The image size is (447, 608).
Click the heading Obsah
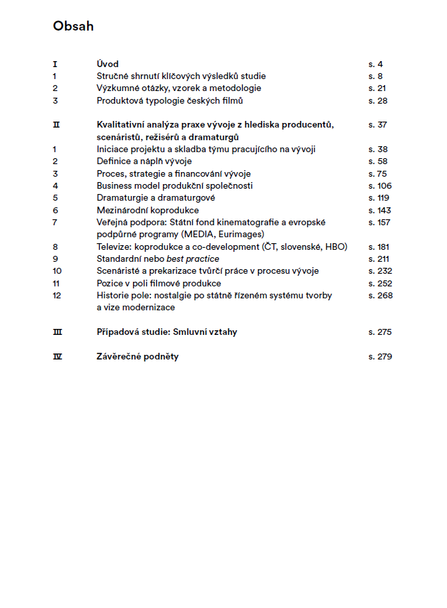[73, 27]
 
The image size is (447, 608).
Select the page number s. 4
[376, 64]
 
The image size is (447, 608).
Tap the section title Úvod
[108, 64]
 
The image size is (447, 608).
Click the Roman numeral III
[57, 332]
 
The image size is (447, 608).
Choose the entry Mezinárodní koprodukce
[148, 210]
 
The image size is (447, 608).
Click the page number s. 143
[380, 210]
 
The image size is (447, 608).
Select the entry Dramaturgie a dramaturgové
[156, 198]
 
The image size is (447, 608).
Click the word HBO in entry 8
[336, 247]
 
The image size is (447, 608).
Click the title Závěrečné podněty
[138, 357]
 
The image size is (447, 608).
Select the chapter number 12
[57, 295]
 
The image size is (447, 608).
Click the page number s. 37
[378, 124]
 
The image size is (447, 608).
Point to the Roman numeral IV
[57, 357]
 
